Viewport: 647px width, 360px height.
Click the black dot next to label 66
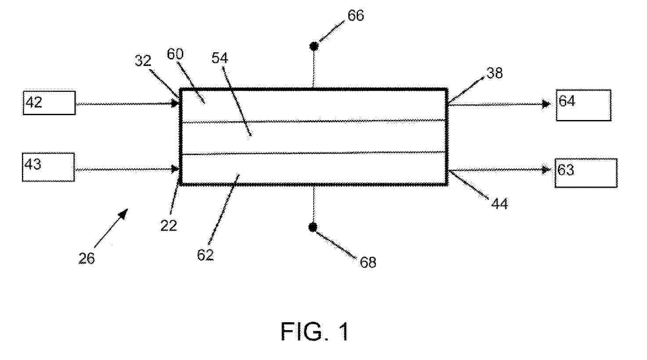tap(314, 46)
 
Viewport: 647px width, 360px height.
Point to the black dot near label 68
tap(313, 228)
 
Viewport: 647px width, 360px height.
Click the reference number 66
tap(356, 15)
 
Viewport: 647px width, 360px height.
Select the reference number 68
tap(368, 262)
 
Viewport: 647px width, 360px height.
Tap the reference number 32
tap(143, 61)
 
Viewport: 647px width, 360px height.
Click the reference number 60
tap(175, 54)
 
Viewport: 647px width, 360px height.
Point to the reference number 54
tap(220, 58)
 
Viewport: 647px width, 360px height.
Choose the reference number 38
tap(495, 73)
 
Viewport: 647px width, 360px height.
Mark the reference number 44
tap(499, 204)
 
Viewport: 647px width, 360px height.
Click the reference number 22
tap(169, 225)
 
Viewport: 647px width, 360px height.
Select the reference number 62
tap(206, 255)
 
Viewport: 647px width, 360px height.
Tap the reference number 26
tap(87, 258)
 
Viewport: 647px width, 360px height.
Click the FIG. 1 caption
tap(315, 331)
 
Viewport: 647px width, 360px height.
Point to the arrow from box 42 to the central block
tap(127, 103)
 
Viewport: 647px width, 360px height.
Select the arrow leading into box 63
tap(499, 170)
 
